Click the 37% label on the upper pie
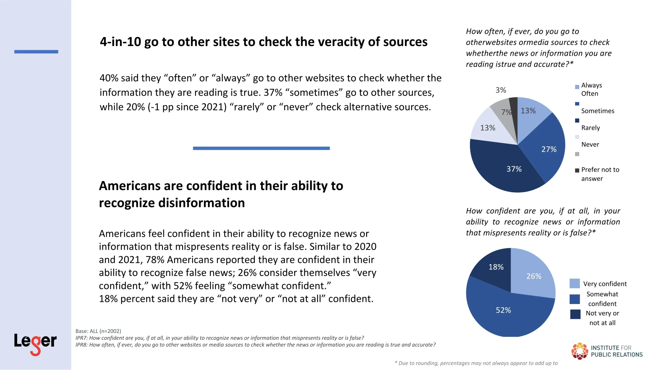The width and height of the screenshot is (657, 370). tap(514, 169)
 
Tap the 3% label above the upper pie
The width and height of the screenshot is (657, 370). tap(500, 90)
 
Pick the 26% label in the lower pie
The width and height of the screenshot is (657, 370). tap(534, 276)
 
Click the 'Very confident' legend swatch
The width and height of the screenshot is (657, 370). tap(574, 283)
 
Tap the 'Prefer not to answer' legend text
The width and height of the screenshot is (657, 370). tap(600, 174)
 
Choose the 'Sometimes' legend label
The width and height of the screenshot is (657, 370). tap(597, 111)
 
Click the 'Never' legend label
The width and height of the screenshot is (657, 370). tap(590, 144)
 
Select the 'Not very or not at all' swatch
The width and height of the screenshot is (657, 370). tap(575, 314)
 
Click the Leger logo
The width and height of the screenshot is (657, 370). tap(35, 343)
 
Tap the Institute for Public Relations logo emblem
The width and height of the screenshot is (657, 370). tap(579, 351)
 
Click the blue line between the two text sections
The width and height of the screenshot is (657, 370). tap(261, 148)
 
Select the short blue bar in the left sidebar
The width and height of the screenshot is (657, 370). tap(36, 52)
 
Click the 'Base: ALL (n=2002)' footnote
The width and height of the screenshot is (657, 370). tap(98, 331)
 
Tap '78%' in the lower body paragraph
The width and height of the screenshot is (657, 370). tap(155, 260)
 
